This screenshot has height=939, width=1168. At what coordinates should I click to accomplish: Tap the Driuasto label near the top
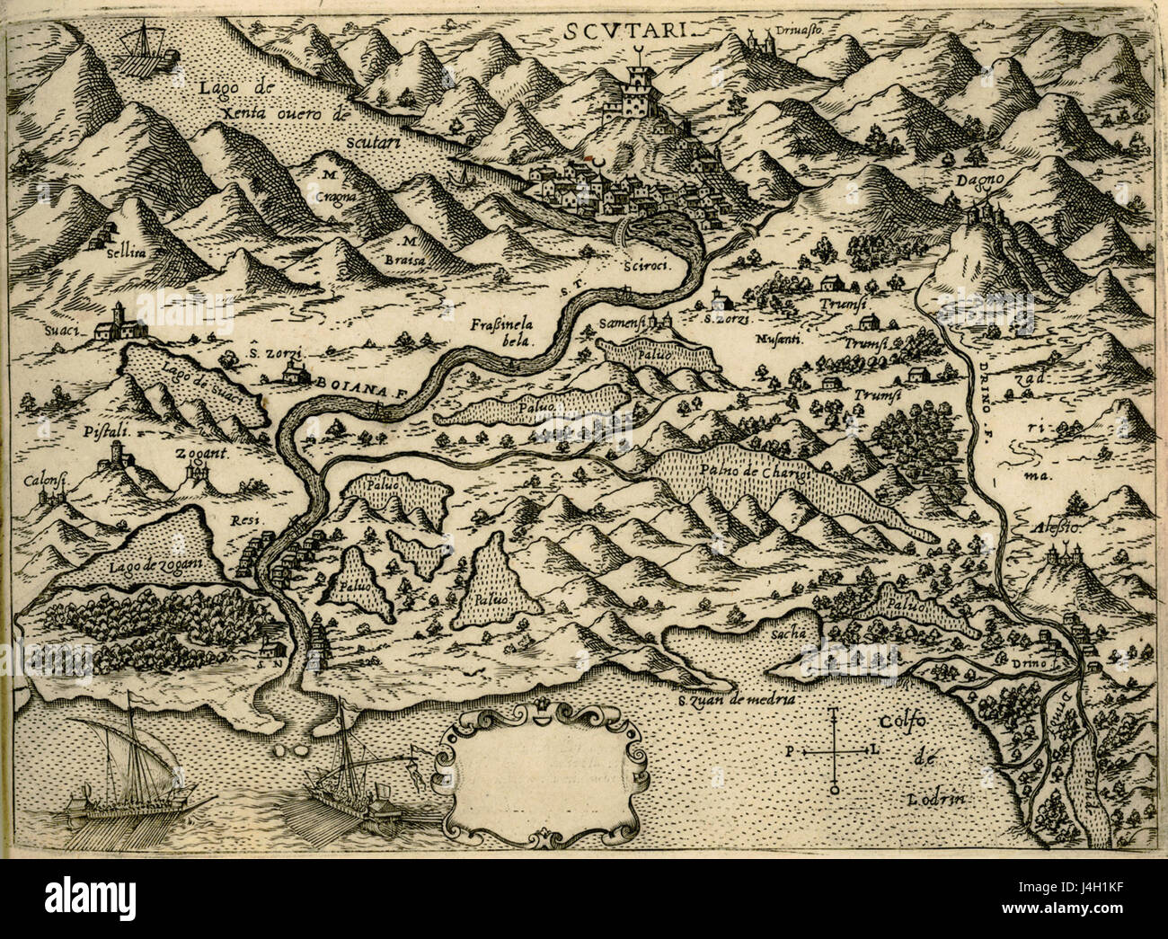[x=802, y=29]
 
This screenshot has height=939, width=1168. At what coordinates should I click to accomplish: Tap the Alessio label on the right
[x=1057, y=528]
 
